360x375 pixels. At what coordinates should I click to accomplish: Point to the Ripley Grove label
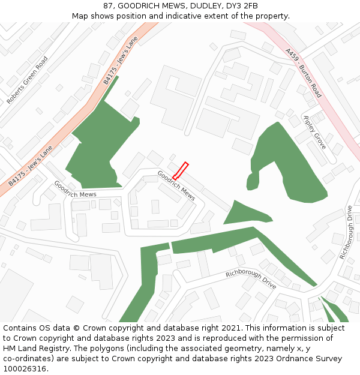[x=314, y=132]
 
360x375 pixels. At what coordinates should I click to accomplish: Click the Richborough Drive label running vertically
[x=347, y=233]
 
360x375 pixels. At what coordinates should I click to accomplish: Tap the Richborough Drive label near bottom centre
[x=251, y=280]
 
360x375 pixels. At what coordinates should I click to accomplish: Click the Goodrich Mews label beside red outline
[x=176, y=185]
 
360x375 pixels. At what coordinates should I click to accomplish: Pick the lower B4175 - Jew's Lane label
[x=31, y=165]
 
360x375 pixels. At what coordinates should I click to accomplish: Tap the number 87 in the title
[x=108, y=5]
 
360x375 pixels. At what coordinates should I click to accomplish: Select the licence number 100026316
[x=25, y=368]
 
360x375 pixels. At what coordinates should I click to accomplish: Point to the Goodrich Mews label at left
[x=75, y=189]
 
